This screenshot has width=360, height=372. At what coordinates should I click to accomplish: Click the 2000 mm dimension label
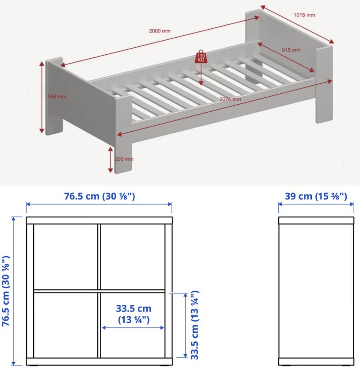(x=160, y=31)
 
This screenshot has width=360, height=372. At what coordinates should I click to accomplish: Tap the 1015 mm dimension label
(x=304, y=15)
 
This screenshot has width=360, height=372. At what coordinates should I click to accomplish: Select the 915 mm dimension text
(x=291, y=50)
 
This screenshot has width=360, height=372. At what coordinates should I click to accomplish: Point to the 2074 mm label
(x=230, y=99)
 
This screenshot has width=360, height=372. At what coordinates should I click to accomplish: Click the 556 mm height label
(x=57, y=97)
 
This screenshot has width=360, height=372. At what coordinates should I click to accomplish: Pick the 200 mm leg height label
(x=124, y=159)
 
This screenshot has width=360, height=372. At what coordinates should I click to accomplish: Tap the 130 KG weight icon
(x=201, y=57)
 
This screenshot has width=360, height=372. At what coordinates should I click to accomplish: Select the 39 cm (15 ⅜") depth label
(x=316, y=197)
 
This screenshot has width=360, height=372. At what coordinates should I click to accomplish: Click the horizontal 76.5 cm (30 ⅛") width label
(x=100, y=197)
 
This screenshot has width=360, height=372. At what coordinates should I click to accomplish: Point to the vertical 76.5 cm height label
(x=6, y=291)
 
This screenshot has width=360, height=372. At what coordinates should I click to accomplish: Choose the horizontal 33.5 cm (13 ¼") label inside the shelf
(x=134, y=314)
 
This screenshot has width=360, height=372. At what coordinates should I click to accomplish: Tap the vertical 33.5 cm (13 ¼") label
(x=195, y=325)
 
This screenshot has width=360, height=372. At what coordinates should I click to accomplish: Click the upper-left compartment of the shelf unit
(x=65, y=257)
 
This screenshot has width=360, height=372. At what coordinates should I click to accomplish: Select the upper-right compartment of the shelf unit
(x=133, y=257)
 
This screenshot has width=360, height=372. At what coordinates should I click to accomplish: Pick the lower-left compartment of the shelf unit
(x=65, y=325)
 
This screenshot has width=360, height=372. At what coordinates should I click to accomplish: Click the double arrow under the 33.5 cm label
(x=133, y=328)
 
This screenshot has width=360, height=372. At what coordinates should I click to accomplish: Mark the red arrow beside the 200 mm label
(x=111, y=159)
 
